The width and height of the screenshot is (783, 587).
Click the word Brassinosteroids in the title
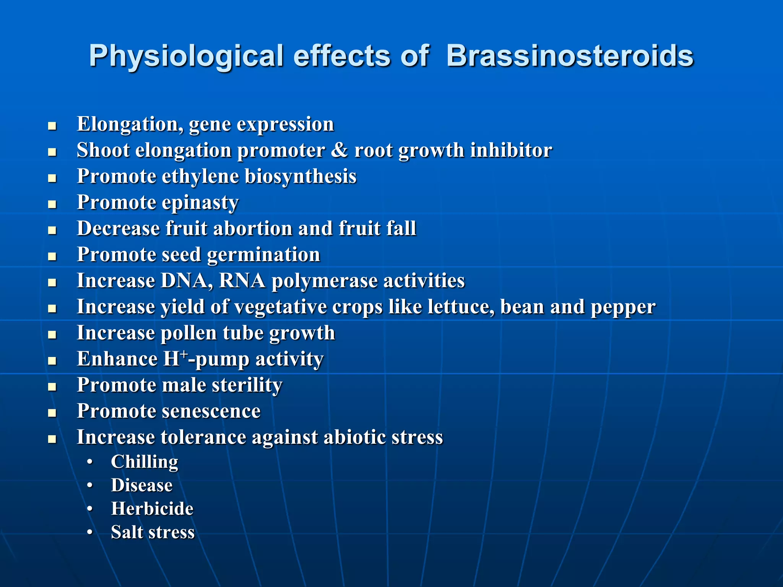point(570,56)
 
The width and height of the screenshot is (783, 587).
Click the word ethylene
point(200,177)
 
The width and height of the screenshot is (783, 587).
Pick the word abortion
point(252,229)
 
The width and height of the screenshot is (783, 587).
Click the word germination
point(263,255)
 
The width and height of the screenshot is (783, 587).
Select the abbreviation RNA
point(242,281)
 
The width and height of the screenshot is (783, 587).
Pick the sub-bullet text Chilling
point(145,462)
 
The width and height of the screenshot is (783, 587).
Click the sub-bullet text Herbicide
point(152,509)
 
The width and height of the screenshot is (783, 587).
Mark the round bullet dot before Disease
point(90,485)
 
